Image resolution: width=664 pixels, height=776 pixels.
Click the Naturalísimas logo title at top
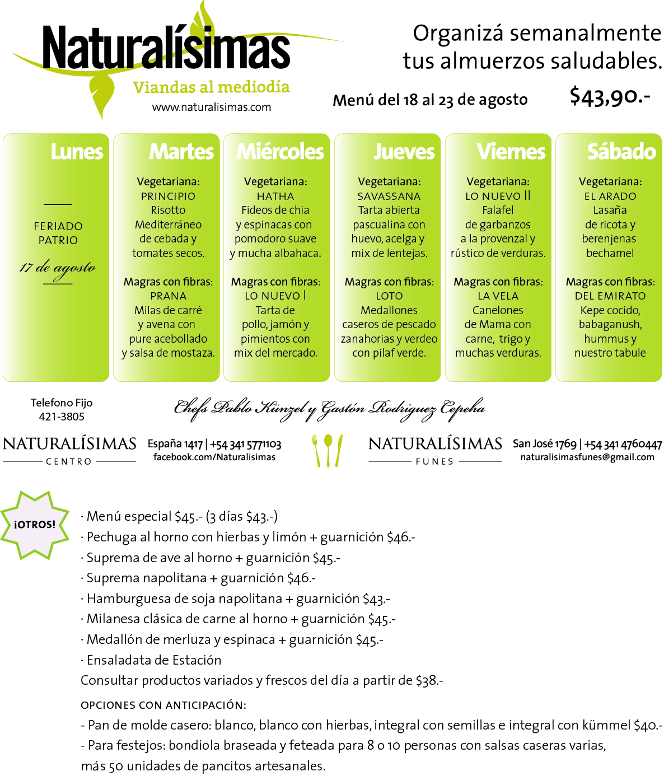[166, 48]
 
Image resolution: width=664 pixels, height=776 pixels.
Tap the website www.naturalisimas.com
[211, 107]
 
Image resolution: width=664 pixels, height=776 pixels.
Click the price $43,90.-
[610, 96]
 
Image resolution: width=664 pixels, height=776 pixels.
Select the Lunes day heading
[77, 152]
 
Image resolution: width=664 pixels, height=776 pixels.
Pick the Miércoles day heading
[280, 152]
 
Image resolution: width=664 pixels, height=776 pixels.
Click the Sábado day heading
[621, 152]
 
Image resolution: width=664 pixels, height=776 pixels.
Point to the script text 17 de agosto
[58, 269]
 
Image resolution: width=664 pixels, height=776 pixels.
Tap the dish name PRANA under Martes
[168, 296]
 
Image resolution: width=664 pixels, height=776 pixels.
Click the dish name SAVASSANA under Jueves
[389, 197]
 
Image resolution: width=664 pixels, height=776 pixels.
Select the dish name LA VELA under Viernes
[498, 296]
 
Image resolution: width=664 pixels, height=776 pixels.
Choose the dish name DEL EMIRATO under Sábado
[610, 296]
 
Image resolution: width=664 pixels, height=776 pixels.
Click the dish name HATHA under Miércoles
[275, 197]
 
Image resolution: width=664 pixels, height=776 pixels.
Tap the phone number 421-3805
[62, 417]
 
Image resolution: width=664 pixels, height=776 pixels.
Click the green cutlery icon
[328, 450]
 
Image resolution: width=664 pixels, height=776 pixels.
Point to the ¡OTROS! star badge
[35, 525]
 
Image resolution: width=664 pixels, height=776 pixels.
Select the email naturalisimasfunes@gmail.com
[587, 457]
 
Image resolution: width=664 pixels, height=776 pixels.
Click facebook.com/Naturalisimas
[214, 457]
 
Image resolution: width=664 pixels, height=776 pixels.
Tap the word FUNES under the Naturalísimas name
[434, 461]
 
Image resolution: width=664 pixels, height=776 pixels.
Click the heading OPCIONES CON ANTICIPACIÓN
[163, 705]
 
